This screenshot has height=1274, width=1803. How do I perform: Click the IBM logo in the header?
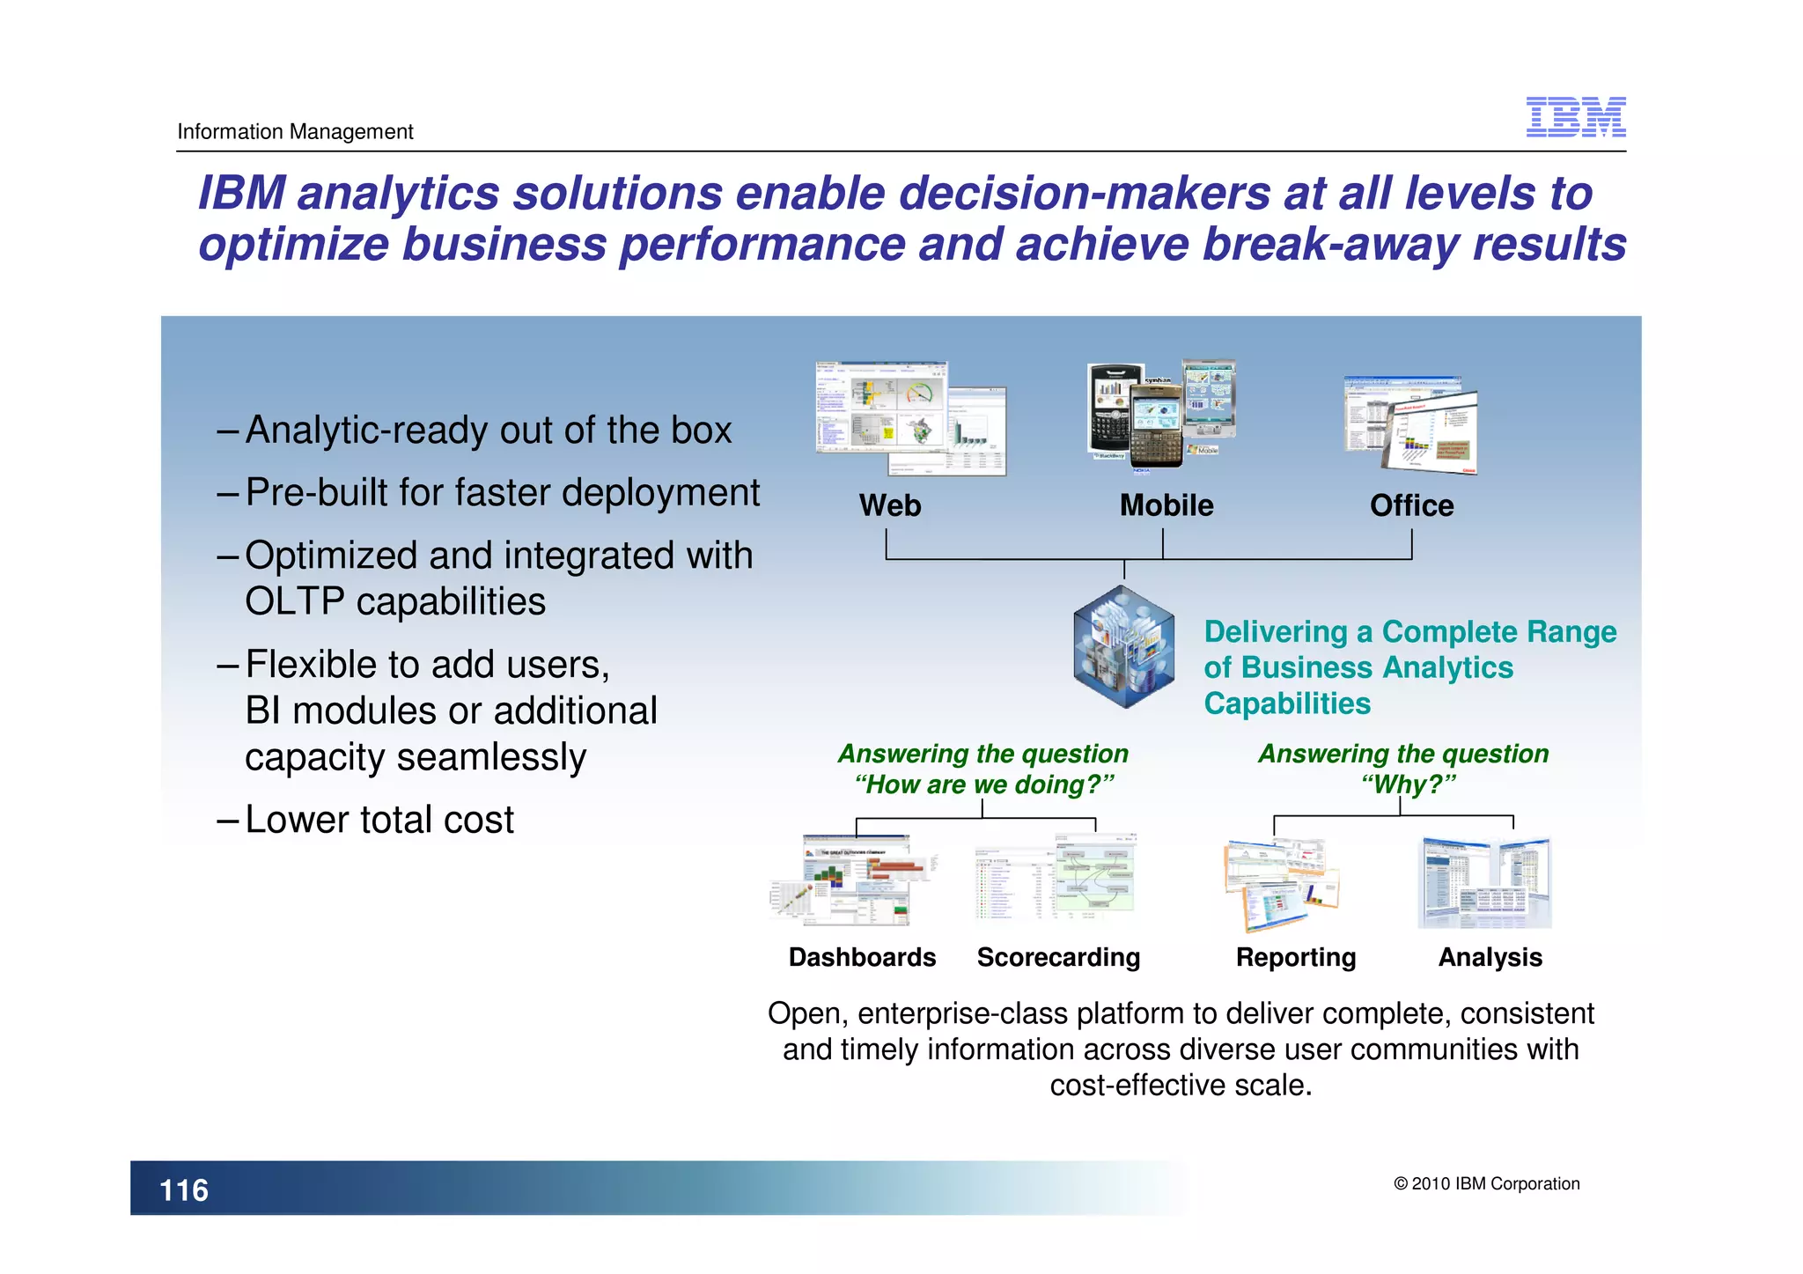pyautogui.click(x=1575, y=117)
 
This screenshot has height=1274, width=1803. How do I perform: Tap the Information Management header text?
pyautogui.click(x=295, y=132)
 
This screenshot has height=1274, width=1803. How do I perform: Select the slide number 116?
pyautogui.click(x=184, y=1190)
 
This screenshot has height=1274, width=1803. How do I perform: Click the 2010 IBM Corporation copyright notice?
pyautogui.click(x=1486, y=1183)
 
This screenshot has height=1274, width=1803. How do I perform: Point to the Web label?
pyautogui.click(x=889, y=505)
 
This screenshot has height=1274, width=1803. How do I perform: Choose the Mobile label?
pyautogui.click(x=1166, y=505)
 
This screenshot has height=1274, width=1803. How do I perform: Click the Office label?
pyautogui.click(x=1411, y=505)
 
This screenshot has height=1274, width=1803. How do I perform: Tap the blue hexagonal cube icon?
pyautogui.click(x=1123, y=647)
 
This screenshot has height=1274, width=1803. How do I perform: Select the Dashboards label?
pyautogui.click(x=862, y=957)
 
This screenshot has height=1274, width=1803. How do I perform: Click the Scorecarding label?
pyautogui.click(x=1058, y=957)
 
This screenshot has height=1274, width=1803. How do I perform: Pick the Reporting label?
pyautogui.click(x=1295, y=957)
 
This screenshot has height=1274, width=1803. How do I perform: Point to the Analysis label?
pyautogui.click(x=1490, y=957)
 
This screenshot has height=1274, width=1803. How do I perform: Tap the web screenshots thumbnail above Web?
pyautogui.click(x=909, y=418)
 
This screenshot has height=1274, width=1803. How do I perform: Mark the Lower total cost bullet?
pyautogui.click(x=379, y=820)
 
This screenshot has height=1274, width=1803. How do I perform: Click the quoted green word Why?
pyautogui.click(x=1408, y=784)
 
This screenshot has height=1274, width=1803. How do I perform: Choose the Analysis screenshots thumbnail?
pyautogui.click(x=1484, y=882)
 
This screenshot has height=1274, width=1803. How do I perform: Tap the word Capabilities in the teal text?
pyautogui.click(x=1287, y=703)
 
